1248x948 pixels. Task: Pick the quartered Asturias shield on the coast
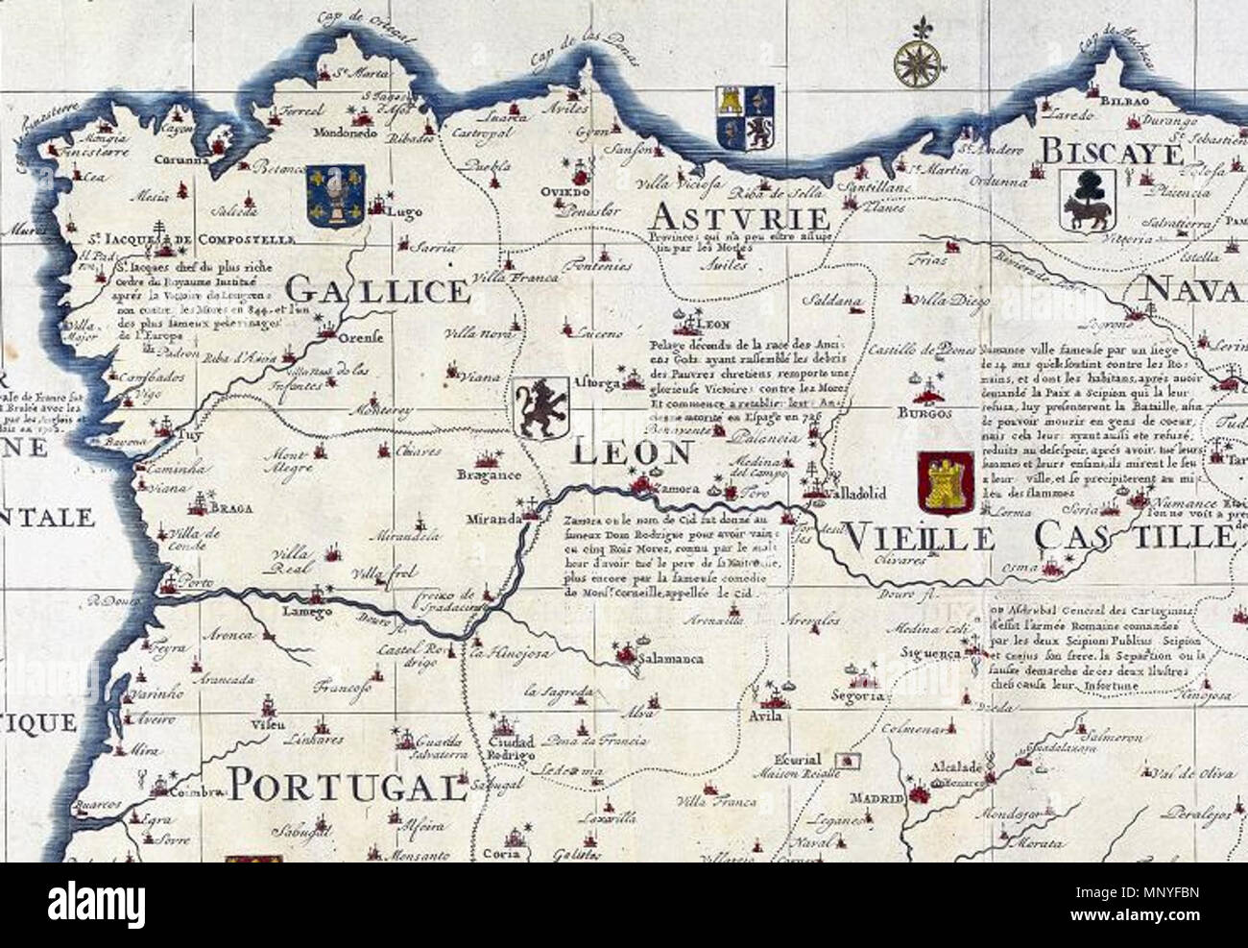(746, 119)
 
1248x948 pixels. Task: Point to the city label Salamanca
(672, 659)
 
